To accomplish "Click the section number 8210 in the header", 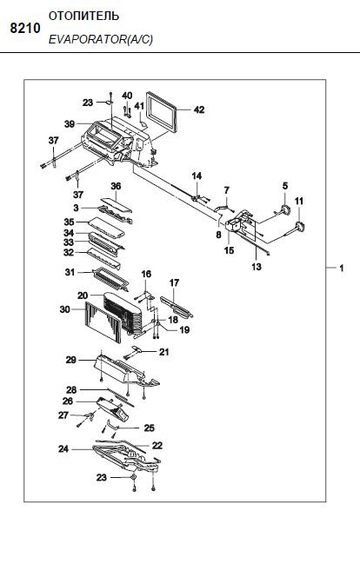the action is tap(25, 28).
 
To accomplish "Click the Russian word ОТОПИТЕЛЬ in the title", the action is tap(83, 17).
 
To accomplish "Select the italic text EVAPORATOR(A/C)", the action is tap(101, 39).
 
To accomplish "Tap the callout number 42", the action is tap(199, 109).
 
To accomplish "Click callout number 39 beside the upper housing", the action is tap(70, 124).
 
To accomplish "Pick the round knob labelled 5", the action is tap(286, 209).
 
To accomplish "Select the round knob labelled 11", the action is tap(300, 228).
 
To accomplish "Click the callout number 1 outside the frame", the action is tap(341, 268).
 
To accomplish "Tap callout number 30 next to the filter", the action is tap(65, 309).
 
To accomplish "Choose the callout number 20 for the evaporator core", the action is tap(83, 295).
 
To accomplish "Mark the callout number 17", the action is tap(174, 283).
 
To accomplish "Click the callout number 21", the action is tap(164, 352).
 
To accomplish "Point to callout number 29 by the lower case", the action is tap(71, 360).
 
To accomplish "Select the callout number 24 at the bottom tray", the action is tap(63, 449).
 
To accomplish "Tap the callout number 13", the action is tap(257, 267).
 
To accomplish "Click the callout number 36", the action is tap(116, 186).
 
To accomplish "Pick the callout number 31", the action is tap(70, 272).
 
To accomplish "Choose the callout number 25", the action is tap(150, 428).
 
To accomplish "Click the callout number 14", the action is tap(197, 176).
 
